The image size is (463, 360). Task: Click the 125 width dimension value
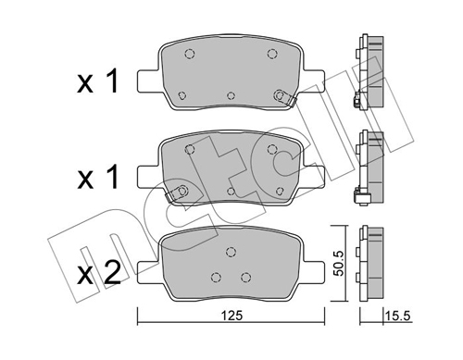pos(232,316)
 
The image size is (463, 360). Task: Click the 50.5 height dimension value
pos(340,263)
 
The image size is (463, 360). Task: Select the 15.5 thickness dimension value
pos(397,316)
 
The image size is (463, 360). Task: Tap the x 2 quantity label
pos(99,272)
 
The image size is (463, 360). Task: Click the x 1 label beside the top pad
pos(98,81)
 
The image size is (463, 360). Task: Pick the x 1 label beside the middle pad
pos(98,177)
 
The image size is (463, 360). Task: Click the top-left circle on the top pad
pos(190,55)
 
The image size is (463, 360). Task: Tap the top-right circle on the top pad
pos(272,54)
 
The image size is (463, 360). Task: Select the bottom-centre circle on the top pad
pos(231,96)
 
